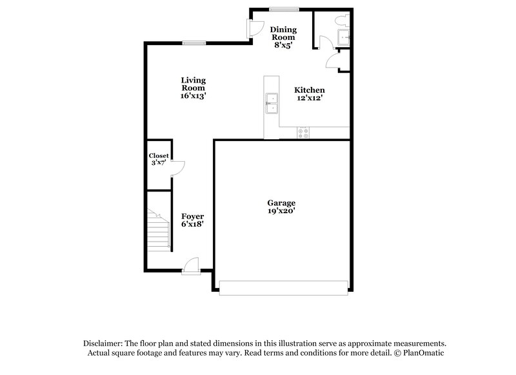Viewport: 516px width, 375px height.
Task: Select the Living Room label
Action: point(193,84)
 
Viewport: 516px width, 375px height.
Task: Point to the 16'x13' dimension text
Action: point(193,95)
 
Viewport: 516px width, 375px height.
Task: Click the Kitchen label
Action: point(310,90)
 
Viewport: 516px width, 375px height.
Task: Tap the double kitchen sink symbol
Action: point(272,102)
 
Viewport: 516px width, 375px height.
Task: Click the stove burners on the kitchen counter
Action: point(303,132)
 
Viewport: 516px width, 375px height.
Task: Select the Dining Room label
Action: point(284,34)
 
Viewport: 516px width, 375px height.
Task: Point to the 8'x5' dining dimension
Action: point(284,46)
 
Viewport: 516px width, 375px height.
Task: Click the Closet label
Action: point(159,156)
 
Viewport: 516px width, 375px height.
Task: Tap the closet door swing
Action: point(179,168)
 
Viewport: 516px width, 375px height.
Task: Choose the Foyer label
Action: point(192,216)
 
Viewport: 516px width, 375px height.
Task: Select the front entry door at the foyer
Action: point(191,266)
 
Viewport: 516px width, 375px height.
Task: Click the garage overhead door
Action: point(284,287)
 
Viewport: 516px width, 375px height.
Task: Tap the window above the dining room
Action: point(284,9)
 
